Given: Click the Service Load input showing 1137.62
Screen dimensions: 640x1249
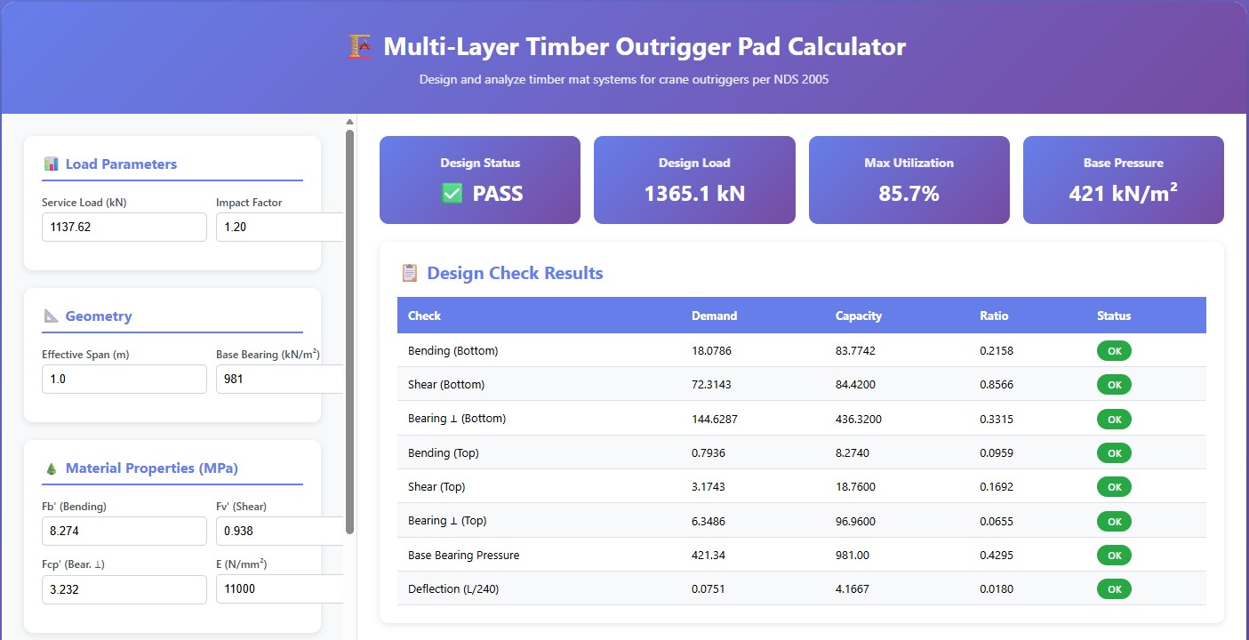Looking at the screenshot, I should coord(124,227).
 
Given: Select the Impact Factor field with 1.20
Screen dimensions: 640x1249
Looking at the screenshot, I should coord(278,227).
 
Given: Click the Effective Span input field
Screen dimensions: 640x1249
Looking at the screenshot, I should coord(124,379).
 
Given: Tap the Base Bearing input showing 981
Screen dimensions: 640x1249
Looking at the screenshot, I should coord(278,379).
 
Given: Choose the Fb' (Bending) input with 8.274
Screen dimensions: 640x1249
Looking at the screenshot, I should coord(124,532).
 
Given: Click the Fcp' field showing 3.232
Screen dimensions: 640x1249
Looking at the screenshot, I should coord(124,589).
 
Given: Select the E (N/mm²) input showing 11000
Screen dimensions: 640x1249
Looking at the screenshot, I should coord(278,589).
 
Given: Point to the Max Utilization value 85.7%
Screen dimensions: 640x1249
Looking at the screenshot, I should coord(909,193).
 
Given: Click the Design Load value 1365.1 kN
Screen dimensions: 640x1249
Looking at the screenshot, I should coord(693,193).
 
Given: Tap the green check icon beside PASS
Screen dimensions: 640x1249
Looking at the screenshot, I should coord(452,193).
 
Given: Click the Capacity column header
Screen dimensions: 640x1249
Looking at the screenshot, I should coord(858,316).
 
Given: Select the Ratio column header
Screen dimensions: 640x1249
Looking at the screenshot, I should coord(994,316).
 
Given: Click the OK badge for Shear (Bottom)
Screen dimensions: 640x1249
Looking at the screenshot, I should coord(1114,385).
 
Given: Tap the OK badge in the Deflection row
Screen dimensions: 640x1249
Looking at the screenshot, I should coord(1114,588).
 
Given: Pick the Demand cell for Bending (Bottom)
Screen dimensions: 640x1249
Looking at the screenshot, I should coord(712,350).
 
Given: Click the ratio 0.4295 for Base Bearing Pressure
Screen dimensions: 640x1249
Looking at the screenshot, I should coord(996,555).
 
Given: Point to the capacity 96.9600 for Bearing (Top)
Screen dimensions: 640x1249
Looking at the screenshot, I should coord(858,521).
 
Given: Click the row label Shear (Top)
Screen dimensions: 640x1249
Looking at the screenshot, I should coord(436,487).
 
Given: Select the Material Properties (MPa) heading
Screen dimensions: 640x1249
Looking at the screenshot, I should coord(151,468).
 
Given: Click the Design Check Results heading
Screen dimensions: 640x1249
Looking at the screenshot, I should coord(515,273).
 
